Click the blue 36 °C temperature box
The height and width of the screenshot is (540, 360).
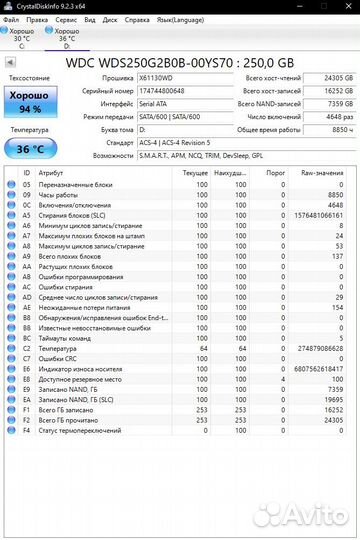tap(30, 149)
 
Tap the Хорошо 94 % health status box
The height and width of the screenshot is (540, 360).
tap(30, 103)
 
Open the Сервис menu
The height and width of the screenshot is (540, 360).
tap(66, 18)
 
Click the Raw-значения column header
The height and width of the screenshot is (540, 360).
tap(321, 172)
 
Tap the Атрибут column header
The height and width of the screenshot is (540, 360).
tap(50, 172)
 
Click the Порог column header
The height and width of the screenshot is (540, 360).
tap(272, 172)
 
